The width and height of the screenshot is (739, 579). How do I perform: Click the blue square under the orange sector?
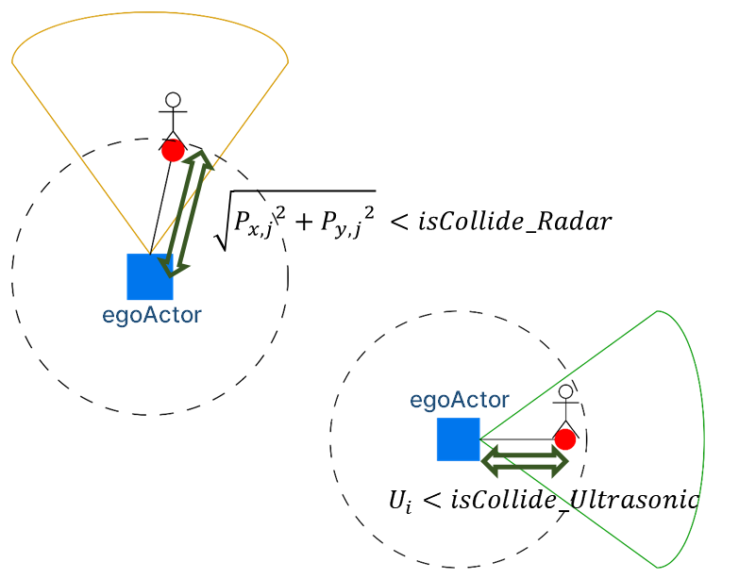click(x=149, y=276)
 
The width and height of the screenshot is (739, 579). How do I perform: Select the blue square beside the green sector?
click(x=458, y=438)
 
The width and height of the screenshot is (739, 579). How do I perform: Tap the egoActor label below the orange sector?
click(x=152, y=315)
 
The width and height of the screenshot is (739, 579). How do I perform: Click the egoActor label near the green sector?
click(x=460, y=400)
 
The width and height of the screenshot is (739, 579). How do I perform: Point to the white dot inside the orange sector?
click(x=173, y=100)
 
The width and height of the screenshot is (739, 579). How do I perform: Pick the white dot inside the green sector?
click(x=565, y=391)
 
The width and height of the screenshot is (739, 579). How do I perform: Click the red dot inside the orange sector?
click(x=173, y=151)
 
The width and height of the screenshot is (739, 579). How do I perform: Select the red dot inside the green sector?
click(x=565, y=439)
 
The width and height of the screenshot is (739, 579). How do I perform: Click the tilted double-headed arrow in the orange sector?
click(x=186, y=212)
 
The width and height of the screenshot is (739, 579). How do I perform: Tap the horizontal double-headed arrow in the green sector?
click(x=525, y=461)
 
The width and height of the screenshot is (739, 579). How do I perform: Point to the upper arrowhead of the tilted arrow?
click(x=201, y=157)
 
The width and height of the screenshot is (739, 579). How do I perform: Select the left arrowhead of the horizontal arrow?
click(x=489, y=461)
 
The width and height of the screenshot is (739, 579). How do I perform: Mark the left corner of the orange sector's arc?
click(x=13, y=61)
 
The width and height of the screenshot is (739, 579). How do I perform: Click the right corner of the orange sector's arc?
click(x=287, y=61)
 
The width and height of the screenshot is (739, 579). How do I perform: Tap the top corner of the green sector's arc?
click(x=657, y=311)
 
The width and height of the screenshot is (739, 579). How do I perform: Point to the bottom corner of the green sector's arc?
click(x=657, y=567)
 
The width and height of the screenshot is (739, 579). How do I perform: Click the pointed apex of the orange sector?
click(x=149, y=254)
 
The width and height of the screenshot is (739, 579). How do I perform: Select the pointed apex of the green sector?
click(x=479, y=439)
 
